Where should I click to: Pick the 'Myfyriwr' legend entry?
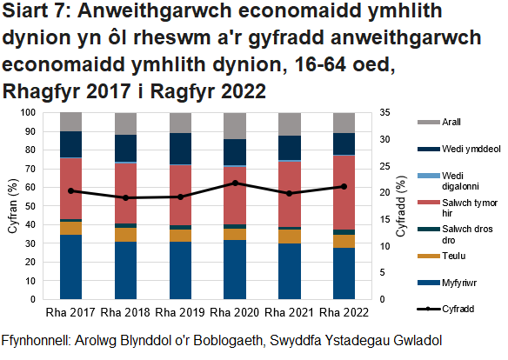click(462, 283)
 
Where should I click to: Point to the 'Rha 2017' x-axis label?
click(70, 312)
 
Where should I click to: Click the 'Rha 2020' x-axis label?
click(233, 312)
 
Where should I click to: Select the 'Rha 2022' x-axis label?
click(342, 312)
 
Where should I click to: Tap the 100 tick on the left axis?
click(28, 112)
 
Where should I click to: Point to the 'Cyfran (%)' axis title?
click(11, 206)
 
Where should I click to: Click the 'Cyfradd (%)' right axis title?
click(400, 206)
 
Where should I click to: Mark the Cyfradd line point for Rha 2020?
click(234, 183)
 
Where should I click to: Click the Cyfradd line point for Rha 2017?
click(70, 190)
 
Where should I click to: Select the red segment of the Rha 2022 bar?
click(343, 192)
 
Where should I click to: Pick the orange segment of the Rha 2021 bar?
click(289, 236)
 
